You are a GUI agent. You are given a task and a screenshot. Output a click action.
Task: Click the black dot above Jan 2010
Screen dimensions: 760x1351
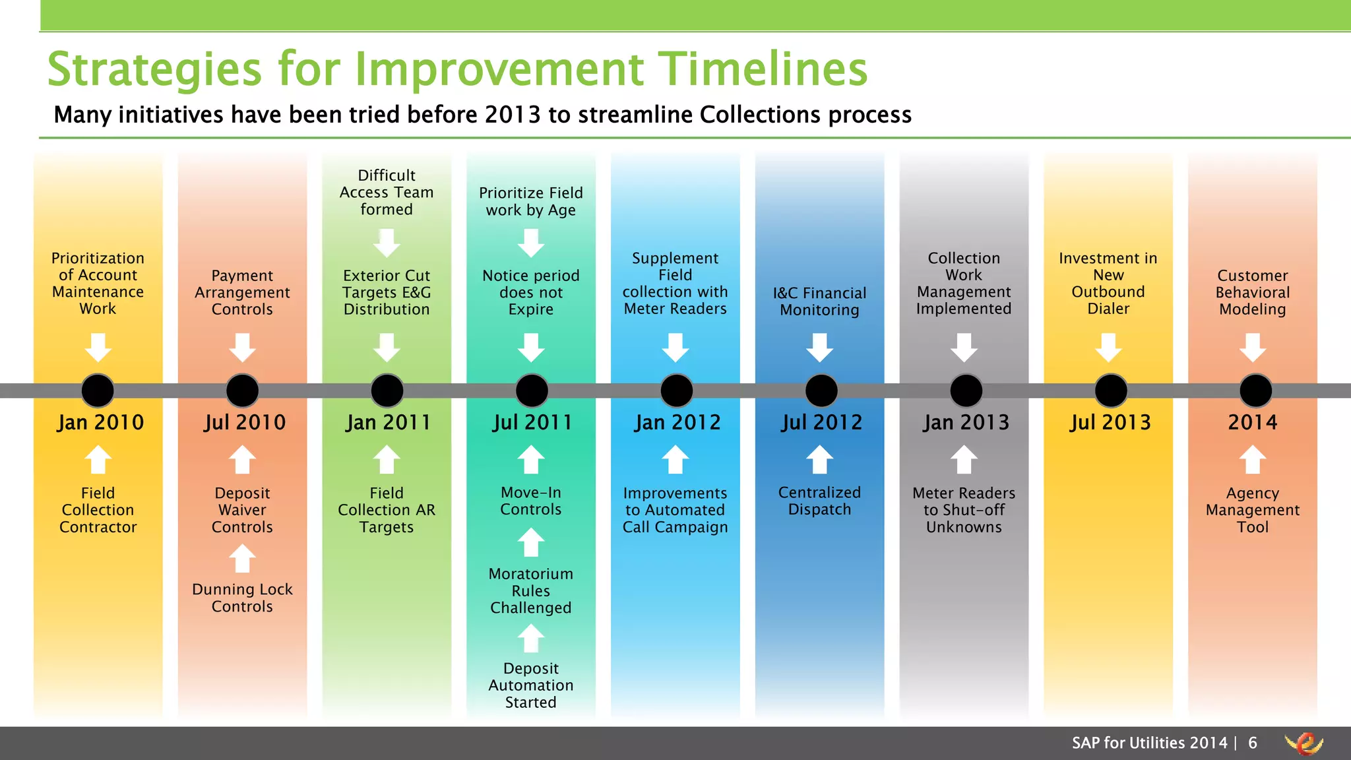tap(98, 391)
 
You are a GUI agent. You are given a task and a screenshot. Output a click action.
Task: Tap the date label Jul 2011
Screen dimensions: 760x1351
tap(532, 422)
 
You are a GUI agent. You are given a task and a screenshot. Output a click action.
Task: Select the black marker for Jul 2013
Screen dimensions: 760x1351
tap(1111, 391)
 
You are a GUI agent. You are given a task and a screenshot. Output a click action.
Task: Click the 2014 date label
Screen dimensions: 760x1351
tap(1252, 422)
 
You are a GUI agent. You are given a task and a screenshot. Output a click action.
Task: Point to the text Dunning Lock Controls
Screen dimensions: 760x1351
tap(242, 598)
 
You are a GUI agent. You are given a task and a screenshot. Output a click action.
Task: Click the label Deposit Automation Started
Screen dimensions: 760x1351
tap(531, 685)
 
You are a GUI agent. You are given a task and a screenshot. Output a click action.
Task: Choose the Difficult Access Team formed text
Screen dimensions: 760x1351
tap(387, 192)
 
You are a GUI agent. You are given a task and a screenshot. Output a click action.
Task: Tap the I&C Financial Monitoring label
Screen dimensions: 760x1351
tap(819, 301)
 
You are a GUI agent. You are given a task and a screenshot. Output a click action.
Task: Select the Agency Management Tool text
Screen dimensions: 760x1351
tap(1252, 510)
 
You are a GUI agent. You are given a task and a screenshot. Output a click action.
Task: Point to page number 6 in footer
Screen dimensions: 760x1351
tap(1252, 743)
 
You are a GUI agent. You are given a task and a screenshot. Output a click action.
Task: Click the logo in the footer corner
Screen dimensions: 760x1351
tap(1304, 744)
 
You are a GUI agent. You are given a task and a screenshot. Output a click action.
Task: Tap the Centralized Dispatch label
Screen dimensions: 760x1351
tap(819, 501)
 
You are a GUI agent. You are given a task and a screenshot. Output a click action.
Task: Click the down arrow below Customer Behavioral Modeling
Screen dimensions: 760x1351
tap(1252, 347)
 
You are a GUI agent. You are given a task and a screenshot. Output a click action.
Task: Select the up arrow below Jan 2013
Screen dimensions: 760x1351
tap(964, 460)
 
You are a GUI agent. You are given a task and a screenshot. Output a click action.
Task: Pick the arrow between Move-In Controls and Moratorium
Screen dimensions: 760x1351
tap(531, 542)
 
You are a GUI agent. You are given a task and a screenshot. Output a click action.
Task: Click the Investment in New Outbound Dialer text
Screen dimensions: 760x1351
tap(1108, 284)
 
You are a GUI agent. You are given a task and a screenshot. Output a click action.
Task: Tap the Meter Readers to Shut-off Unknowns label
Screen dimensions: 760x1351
tap(964, 510)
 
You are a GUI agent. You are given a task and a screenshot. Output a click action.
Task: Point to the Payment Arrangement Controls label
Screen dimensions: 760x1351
tap(242, 292)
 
